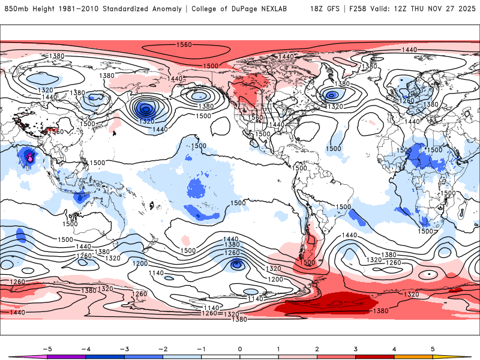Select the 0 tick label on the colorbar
click(240, 348)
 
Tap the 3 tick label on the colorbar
click(356, 348)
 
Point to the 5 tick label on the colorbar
click(433, 348)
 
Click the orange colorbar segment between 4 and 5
click(413, 356)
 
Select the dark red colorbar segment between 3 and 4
click(375, 356)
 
